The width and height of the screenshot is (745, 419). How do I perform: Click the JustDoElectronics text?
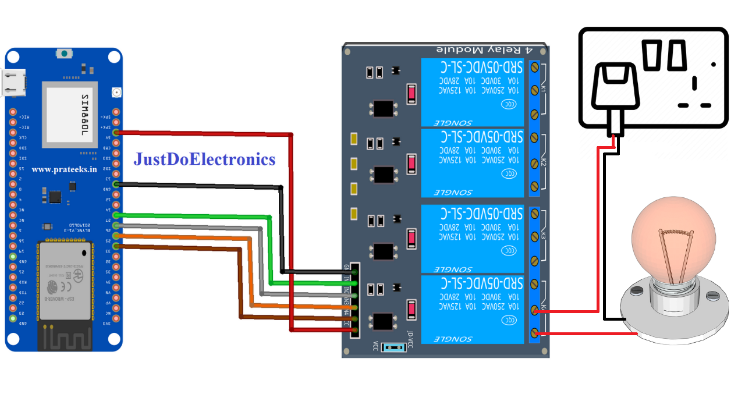(204, 159)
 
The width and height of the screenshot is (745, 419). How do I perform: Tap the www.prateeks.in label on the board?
(64, 169)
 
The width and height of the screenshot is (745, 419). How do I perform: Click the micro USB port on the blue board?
(15, 83)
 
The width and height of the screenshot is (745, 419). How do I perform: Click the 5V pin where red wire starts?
(116, 132)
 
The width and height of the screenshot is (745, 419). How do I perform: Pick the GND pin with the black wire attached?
(116, 184)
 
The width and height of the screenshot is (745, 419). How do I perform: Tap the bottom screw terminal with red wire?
(535, 333)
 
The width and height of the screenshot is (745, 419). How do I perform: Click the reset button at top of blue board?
(63, 54)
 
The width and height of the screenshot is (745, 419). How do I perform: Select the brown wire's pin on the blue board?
(116, 247)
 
